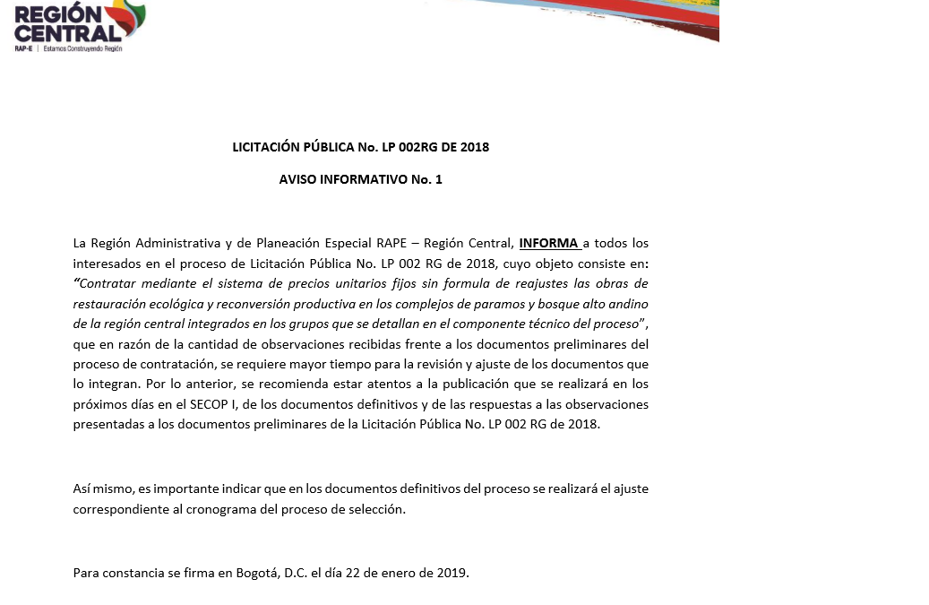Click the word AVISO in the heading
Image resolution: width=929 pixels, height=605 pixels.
(300, 179)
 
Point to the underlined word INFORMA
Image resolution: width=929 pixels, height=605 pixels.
(548, 243)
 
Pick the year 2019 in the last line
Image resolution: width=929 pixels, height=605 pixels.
(451, 573)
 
